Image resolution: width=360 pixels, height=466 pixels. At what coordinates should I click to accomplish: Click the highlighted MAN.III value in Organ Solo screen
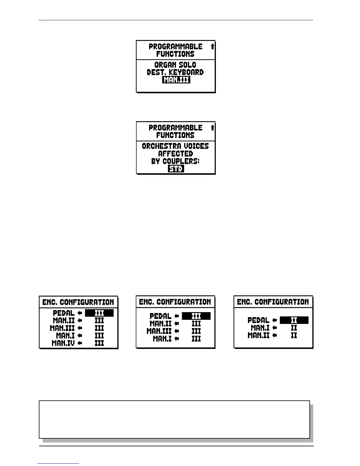pos(176,80)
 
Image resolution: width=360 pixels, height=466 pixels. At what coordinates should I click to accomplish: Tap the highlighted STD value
pos(176,169)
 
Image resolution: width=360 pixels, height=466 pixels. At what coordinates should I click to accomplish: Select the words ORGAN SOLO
pos(175,65)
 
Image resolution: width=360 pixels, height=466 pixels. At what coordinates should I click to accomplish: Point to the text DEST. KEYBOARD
pos(175,72)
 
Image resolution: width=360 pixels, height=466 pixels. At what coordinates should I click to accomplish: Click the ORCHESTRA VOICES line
pos(175,146)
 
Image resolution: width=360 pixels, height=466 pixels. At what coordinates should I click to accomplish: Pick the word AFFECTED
pos(176,154)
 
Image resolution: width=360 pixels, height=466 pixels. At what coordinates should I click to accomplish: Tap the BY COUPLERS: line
pos(175,161)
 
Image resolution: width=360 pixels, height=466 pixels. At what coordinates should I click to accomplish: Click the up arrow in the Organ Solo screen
pos(212,46)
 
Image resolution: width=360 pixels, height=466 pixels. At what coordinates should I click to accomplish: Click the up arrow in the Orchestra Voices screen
pos(212,128)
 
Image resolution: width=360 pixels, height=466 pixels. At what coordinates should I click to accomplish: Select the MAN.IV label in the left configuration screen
pos(63,343)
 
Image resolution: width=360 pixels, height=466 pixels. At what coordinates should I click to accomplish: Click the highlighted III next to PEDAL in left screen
pos(99,313)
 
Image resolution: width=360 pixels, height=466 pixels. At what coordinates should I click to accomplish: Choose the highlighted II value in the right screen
pos(294,320)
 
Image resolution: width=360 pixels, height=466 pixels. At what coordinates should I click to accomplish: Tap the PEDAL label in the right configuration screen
pos(258,320)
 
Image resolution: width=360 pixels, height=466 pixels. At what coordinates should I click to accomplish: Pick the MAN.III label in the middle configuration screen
pos(159,331)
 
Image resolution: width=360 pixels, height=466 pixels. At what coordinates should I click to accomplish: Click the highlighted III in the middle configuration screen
pos(196,316)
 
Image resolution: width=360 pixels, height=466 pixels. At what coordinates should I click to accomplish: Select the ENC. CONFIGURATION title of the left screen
pos(78,302)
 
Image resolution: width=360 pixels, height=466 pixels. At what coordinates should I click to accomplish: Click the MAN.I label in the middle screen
pos(162,339)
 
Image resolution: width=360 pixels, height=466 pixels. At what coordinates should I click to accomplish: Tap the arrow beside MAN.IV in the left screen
pos(79,343)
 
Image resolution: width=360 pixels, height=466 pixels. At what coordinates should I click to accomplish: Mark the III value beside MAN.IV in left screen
pos(99,343)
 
